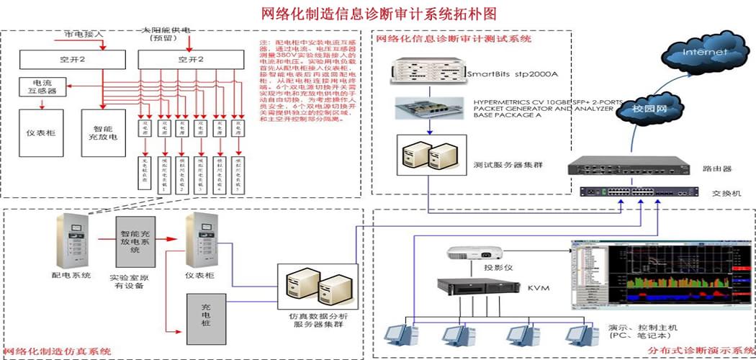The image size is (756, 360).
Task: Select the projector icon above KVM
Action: pyautogui.click(x=467, y=253)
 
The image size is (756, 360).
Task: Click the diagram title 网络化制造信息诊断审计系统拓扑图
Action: pyautogui.click(x=378, y=12)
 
